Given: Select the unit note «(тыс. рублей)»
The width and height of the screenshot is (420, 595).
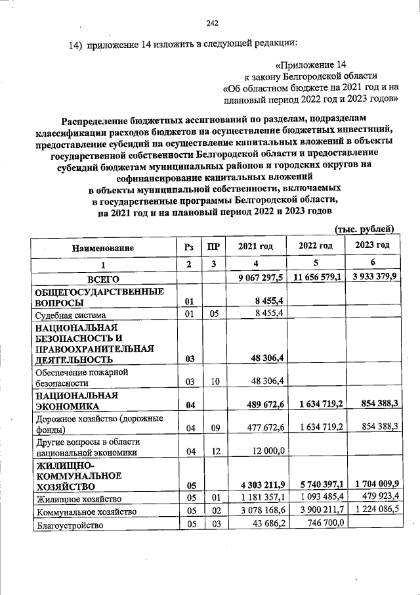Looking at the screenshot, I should (x=364, y=229).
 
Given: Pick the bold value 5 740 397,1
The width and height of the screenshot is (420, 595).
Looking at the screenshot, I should (x=318, y=485).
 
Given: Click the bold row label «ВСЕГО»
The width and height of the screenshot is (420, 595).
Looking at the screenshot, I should (x=98, y=280).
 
